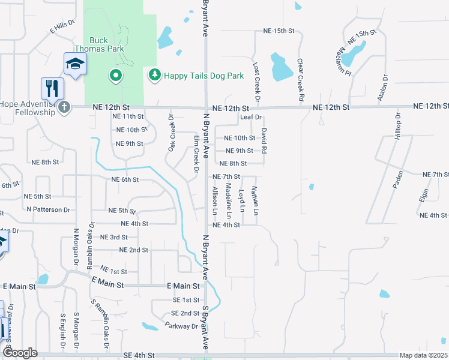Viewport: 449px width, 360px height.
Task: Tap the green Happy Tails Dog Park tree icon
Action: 154,75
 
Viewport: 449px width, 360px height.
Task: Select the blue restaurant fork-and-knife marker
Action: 53,88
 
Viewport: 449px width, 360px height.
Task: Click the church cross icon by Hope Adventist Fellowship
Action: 64,107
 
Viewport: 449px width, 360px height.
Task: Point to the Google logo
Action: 20,353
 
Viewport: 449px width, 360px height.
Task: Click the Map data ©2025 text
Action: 423,355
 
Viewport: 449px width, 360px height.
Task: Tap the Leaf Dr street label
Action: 251,117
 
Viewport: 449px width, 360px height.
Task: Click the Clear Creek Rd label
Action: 300,79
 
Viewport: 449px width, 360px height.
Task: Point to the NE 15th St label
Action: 279,31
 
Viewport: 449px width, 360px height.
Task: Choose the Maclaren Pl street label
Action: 359,53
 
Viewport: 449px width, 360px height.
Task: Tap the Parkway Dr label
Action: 181,326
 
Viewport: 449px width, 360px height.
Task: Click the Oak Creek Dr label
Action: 171,133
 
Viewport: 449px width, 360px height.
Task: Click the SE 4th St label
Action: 139,356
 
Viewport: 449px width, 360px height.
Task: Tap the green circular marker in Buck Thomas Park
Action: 115,76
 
